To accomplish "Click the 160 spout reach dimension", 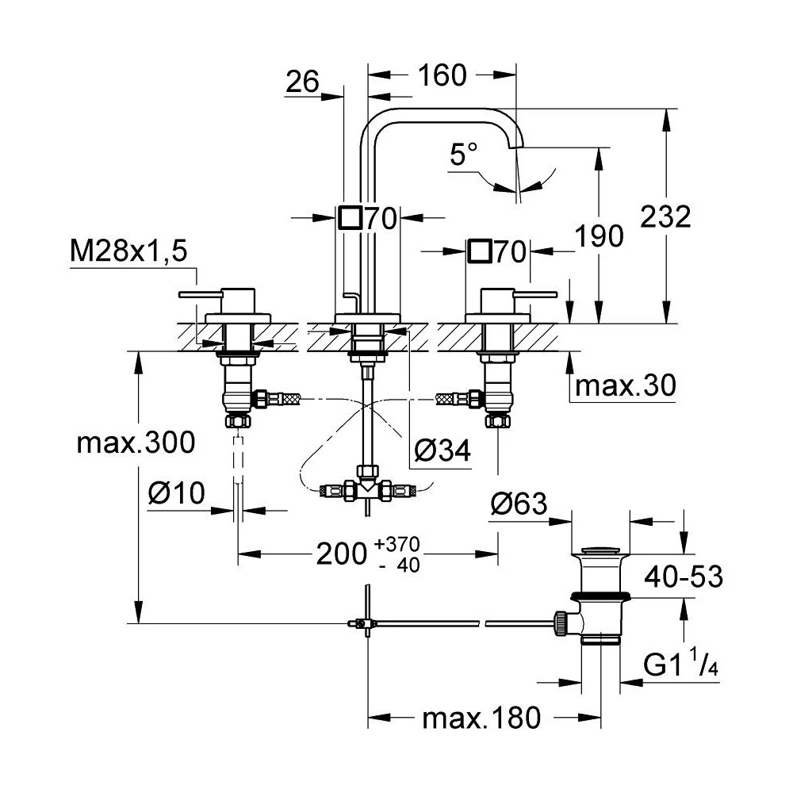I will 442,75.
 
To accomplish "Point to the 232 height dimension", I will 667,216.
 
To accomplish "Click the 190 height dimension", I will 599,236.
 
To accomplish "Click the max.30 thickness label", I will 625,386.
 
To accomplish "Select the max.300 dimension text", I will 135,442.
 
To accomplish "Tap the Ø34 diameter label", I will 442,450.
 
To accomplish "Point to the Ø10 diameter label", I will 175,494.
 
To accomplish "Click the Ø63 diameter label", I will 519,503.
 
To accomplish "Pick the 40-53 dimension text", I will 683,577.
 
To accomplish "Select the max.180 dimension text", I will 481,718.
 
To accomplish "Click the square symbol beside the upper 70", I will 350,217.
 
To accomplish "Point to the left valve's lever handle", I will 201,295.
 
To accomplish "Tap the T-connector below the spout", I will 366,490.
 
